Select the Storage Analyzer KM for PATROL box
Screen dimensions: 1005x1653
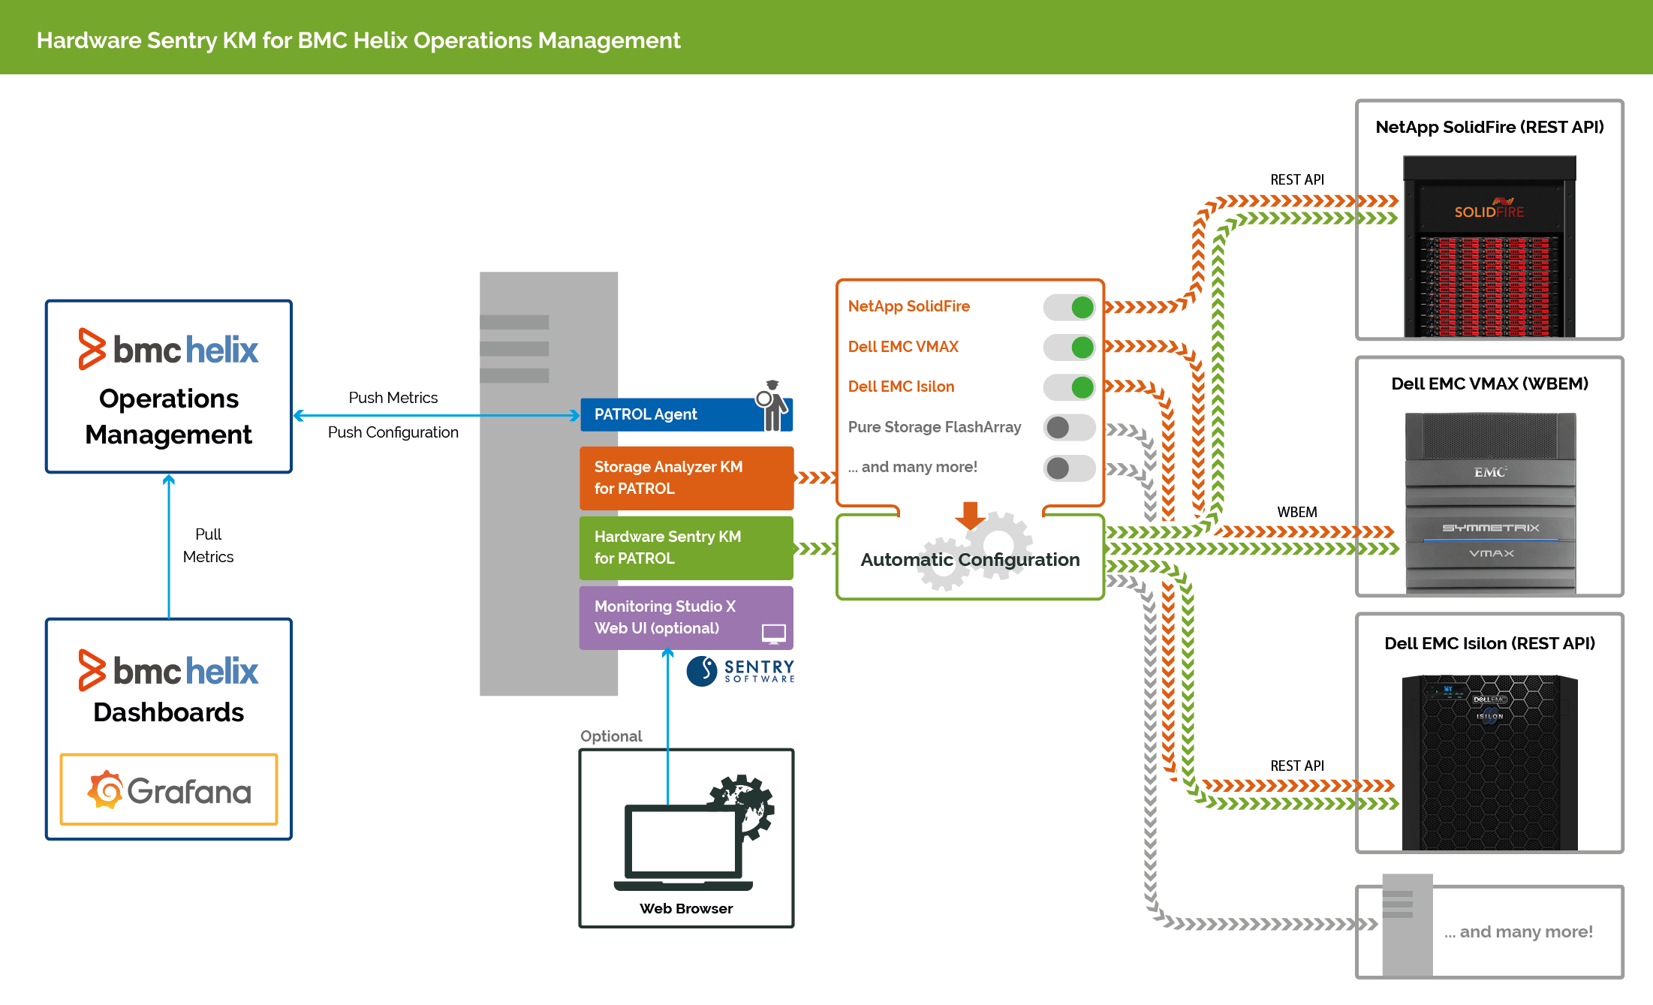tap(685, 478)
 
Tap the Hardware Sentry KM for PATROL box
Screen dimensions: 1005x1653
tap(685, 548)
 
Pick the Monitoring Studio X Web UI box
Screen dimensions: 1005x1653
tap(676, 617)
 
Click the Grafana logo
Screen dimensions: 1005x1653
tap(169, 790)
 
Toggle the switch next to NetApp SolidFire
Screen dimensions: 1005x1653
tap(1069, 307)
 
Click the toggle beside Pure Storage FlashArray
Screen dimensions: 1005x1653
tap(1069, 428)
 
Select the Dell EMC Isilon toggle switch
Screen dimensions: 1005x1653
tap(1069, 387)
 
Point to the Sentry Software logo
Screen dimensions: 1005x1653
tap(740, 670)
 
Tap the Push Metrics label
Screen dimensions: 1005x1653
tap(393, 398)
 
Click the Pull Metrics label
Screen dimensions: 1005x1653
tap(208, 546)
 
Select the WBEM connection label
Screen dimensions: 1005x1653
tap(1296, 512)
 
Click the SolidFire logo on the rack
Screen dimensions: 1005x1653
tap(1489, 211)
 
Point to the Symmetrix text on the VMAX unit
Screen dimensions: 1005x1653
tap(1490, 528)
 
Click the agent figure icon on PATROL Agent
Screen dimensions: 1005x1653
tap(772, 405)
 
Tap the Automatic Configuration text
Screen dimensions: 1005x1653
tap(970, 560)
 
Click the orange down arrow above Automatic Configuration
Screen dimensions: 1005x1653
tap(970, 516)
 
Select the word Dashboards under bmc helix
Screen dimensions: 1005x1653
tap(169, 712)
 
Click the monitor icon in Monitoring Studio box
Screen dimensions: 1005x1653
tap(773, 633)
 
